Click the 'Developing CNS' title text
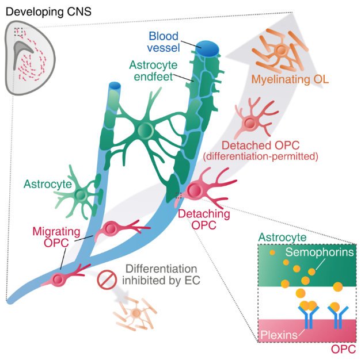(43, 10)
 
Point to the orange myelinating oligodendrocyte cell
(280, 50)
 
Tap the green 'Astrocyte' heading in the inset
(278, 237)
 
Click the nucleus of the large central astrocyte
(145, 131)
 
